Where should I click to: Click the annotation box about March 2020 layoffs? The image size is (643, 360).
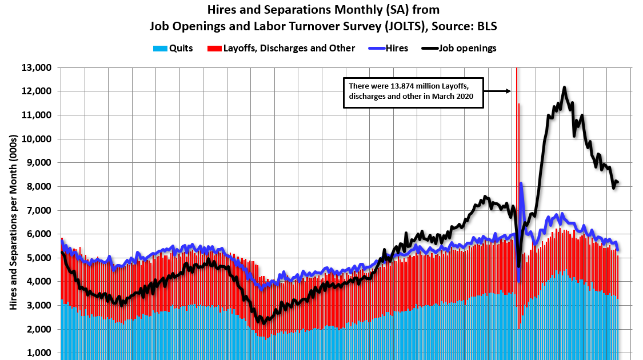pos(413,92)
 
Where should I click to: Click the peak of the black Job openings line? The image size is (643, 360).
pos(564,87)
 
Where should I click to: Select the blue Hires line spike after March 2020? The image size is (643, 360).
pos(521,184)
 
